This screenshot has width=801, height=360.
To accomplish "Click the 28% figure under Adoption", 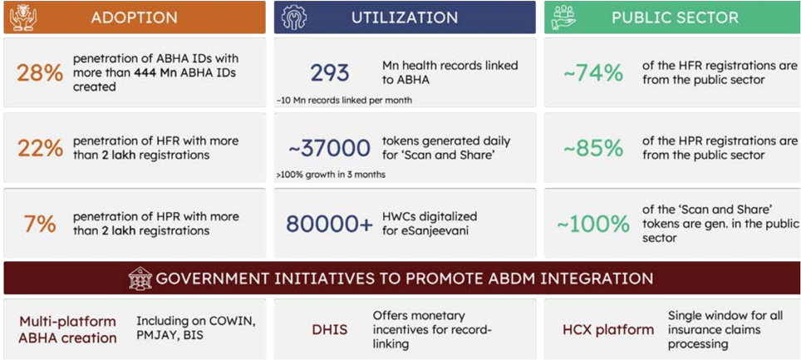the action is click(40, 73).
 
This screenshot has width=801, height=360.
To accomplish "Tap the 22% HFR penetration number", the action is click(40, 148).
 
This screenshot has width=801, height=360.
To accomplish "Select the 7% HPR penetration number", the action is click(40, 224).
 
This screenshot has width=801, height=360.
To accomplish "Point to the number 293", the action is click(330, 73).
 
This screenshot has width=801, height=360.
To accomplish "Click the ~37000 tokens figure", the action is click(330, 148).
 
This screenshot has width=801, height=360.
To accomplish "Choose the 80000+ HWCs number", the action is click(330, 224).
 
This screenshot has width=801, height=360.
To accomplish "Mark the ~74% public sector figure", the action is click(593, 73).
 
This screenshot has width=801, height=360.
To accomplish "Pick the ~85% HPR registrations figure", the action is click(593, 148).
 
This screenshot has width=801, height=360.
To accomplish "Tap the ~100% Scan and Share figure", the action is click(593, 224).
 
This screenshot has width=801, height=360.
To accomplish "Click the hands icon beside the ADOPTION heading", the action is click(23, 17).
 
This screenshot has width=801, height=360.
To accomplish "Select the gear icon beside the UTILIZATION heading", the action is click(294, 17).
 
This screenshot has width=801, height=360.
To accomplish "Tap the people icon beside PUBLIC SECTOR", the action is click(564, 17).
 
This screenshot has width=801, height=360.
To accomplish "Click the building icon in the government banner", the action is click(140, 279).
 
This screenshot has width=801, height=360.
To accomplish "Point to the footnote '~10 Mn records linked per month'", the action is click(344, 101).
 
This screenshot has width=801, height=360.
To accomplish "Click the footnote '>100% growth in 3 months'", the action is click(331, 175).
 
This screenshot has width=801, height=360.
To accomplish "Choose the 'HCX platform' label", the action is click(608, 330).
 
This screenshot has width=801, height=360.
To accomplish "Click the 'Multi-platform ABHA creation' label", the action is click(68, 330).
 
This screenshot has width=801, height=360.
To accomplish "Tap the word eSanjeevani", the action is click(425, 231).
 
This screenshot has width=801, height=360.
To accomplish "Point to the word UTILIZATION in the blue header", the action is click(405, 17).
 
